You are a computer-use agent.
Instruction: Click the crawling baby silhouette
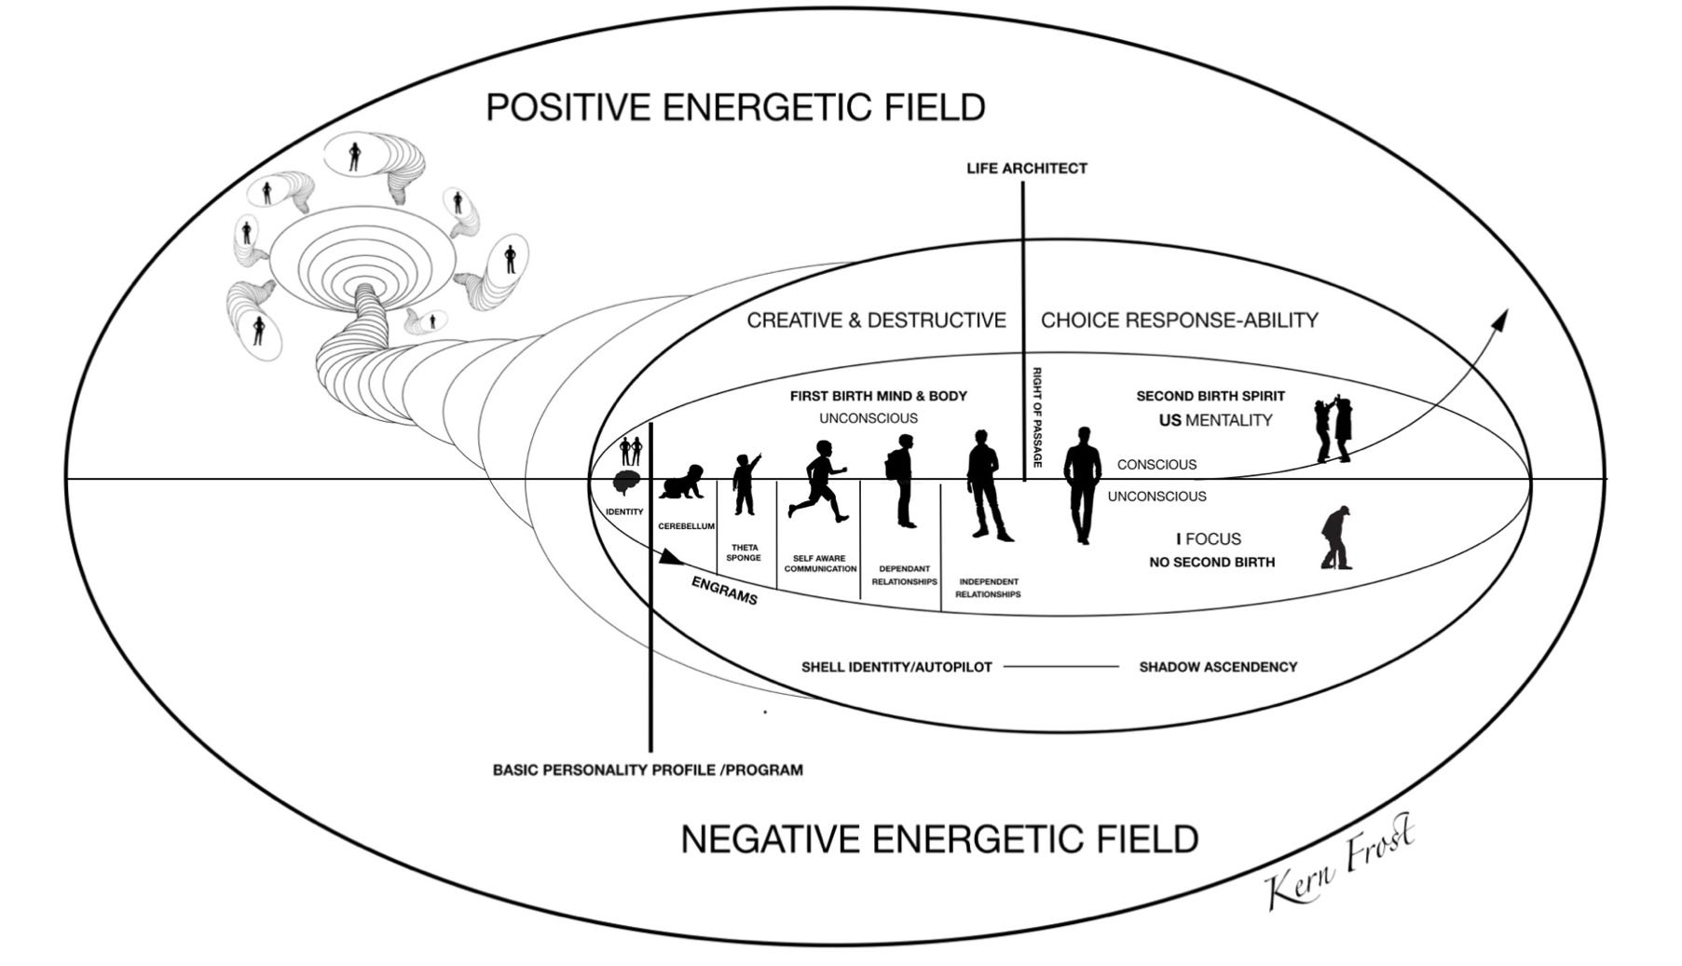[x=681, y=483]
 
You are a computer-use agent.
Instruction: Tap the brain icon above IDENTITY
[x=626, y=483]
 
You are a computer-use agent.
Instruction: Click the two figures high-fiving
[x=1333, y=429]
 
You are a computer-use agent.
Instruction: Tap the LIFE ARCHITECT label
[x=1026, y=169]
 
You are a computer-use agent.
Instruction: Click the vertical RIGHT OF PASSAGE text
[x=1037, y=416]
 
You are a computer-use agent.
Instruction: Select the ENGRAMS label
[x=724, y=591]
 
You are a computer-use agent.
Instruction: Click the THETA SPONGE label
[x=744, y=552]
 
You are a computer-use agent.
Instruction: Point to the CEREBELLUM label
[x=686, y=526]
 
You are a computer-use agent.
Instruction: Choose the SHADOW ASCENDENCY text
[x=1218, y=667]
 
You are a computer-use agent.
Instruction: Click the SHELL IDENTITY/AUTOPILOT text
[x=896, y=667]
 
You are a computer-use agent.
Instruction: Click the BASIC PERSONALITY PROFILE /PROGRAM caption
[x=648, y=770]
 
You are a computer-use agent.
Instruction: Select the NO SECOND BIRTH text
[x=1211, y=563]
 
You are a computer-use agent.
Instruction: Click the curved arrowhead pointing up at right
[x=1499, y=320]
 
